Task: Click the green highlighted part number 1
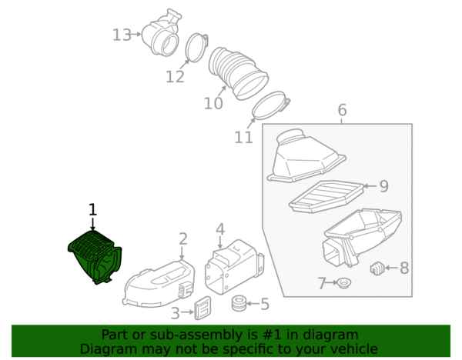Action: tap(95, 257)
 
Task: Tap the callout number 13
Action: tap(122, 35)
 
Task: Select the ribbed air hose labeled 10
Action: tap(238, 73)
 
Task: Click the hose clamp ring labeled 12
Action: tap(196, 48)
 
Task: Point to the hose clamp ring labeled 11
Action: tap(270, 105)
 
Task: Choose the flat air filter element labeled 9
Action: tap(326, 197)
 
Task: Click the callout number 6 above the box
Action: tap(342, 110)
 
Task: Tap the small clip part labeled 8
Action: tap(377, 268)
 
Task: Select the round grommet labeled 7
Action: tap(344, 283)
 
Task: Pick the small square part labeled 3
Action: tap(203, 308)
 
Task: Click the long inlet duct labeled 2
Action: tap(159, 283)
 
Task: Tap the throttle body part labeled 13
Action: tap(161, 33)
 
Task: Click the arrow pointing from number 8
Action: tap(392, 268)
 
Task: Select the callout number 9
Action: tap(383, 186)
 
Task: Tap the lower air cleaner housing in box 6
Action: tap(362, 235)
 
